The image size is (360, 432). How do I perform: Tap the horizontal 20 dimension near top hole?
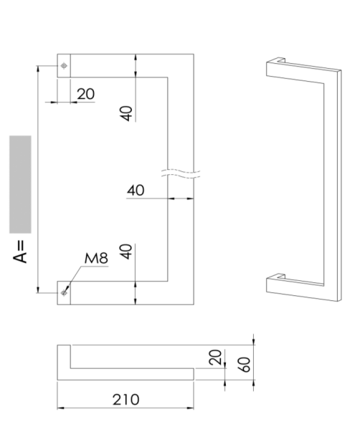point(85,93)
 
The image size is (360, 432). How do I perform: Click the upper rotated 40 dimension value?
point(126,113)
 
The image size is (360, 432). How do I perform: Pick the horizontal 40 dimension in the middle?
point(136,190)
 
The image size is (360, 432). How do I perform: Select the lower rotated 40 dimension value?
point(126,252)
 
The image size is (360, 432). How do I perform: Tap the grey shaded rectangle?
point(21,183)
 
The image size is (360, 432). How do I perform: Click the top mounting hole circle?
point(65,66)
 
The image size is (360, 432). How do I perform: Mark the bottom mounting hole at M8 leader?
point(65,292)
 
